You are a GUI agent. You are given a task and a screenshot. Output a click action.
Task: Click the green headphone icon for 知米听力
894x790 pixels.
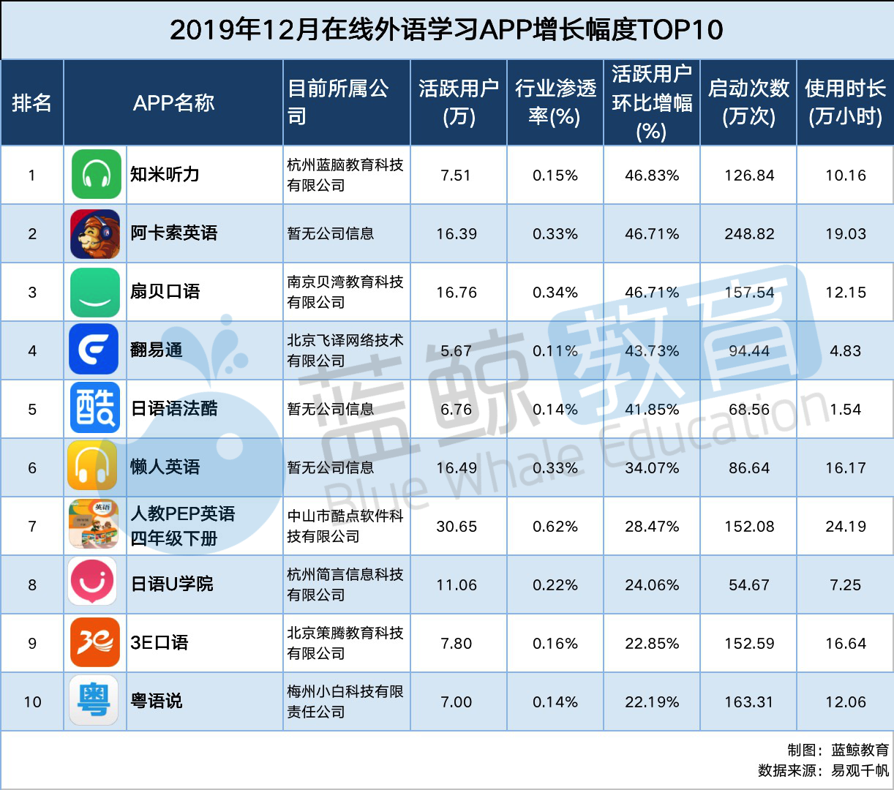[x=96, y=175]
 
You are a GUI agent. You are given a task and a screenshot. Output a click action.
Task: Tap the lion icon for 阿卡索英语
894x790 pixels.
[x=95, y=234]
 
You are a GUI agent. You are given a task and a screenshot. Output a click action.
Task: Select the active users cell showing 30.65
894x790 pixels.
[x=457, y=527]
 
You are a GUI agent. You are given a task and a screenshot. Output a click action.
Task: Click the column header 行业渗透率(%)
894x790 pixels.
[x=555, y=102]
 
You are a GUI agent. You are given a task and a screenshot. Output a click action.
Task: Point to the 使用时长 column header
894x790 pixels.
[x=845, y=102]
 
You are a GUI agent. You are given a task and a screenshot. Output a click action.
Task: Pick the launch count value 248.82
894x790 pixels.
[x=749, y=234]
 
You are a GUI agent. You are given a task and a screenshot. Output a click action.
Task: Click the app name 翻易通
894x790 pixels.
[x=157, y=350]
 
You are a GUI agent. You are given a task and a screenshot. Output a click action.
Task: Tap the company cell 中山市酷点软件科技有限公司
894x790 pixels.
[x=345, y=527]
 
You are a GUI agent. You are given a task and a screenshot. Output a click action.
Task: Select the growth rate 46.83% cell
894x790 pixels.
[x=652, y=176]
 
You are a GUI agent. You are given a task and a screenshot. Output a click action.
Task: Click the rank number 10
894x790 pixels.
[x=32, y=702]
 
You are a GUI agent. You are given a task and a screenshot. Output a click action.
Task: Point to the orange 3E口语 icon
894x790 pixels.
[x=95, y=642]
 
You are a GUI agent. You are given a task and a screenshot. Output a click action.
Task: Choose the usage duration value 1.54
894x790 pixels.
[x=846, y=410]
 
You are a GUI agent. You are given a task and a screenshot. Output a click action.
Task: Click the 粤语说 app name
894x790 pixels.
[x=157, y=701]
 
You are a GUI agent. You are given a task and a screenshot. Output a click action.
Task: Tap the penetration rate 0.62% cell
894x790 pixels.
[x=555, y=527]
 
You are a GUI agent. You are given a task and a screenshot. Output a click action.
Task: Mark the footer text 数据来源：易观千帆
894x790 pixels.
[x=823, y=770]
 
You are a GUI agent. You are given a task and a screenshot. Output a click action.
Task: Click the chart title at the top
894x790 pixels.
[x=446, y=30]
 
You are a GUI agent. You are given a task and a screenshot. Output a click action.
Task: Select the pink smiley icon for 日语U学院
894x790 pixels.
[x=93, y=582]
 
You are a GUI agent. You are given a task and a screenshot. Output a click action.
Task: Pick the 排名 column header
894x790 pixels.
[x=32, y=102]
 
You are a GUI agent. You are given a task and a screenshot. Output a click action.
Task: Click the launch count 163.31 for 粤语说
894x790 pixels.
[x=749, y=702]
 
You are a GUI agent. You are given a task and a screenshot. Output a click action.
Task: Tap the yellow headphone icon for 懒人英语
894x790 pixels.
[x=92, y=466]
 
